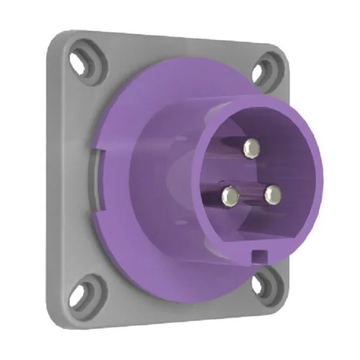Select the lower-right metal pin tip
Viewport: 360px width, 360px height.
click(273, 193)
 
